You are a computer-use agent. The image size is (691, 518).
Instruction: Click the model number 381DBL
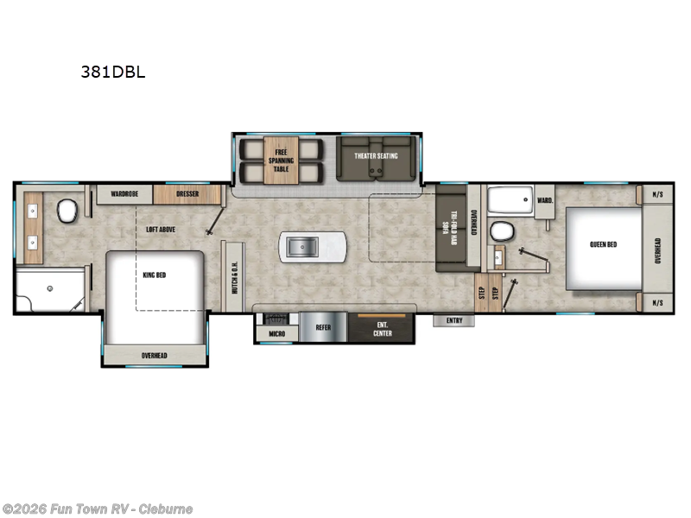pos(113,73)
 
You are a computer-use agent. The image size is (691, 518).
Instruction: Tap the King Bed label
pos(154,275)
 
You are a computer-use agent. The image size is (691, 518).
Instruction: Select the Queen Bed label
pos(603,244)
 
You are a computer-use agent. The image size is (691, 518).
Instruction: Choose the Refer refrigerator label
pos(322,328)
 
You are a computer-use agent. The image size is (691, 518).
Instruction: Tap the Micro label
pos(276,332)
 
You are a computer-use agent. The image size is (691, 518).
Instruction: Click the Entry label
pos(454,321)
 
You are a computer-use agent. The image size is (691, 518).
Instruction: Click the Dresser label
pos(187,194)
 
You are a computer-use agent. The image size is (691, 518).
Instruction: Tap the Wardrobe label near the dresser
pos(125,194)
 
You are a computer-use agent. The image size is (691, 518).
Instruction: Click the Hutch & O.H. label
pos(235,279)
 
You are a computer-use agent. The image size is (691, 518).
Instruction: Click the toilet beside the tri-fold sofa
pos(500,231)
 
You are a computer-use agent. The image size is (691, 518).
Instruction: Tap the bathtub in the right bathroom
pos(510,200)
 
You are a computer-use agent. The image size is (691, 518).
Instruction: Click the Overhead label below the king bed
pos(155,356)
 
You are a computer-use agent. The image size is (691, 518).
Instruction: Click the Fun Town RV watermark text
pos(98,509)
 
